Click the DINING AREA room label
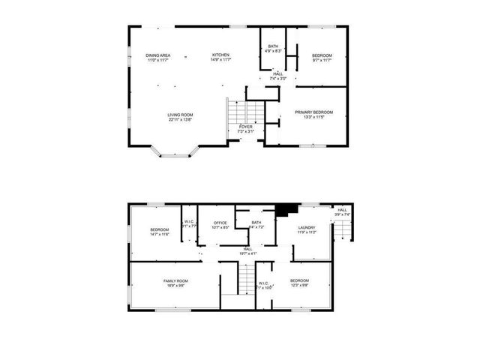pos(157,55)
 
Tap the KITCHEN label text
pos(220,55)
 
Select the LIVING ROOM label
pos(180,115)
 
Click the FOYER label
pos(245,127)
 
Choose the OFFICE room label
pos(220,223)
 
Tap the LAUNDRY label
pos(306,227)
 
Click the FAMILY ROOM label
pos(175,280)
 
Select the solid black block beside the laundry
pos(283,211)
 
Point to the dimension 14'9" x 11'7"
pos(220,60)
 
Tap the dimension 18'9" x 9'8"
pos(175,286)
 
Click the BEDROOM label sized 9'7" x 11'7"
pos(322,55)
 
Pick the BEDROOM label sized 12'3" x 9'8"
pos(299,280)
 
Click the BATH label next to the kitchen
pos(272,46)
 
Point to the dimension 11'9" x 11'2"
pos(306,232)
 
